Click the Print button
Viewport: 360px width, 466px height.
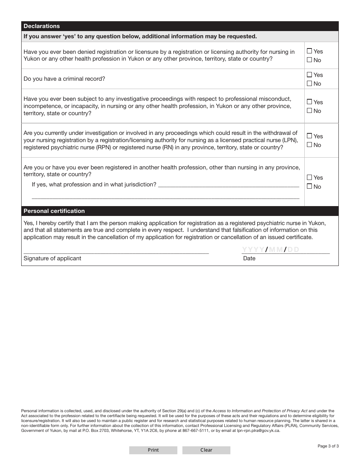(153, 450)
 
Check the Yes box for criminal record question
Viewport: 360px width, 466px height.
(310, 75)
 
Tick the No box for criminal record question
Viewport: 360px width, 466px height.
(310, 83)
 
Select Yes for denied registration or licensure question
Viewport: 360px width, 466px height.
(310, 51)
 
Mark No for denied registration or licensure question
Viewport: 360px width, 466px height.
(310, 60)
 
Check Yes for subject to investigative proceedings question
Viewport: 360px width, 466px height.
(310, 102)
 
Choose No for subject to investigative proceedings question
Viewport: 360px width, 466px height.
(310, 111)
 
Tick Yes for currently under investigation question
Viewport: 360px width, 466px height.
(310, 136)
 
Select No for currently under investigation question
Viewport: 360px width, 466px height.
(310, 145)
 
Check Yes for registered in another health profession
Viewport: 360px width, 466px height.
(310, 177)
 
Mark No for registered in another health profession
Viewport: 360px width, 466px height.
(310, 186)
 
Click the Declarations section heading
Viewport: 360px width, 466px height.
(42, 26)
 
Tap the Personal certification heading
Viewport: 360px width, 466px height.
(54, 211)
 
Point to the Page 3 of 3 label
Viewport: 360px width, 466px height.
(328, 446)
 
